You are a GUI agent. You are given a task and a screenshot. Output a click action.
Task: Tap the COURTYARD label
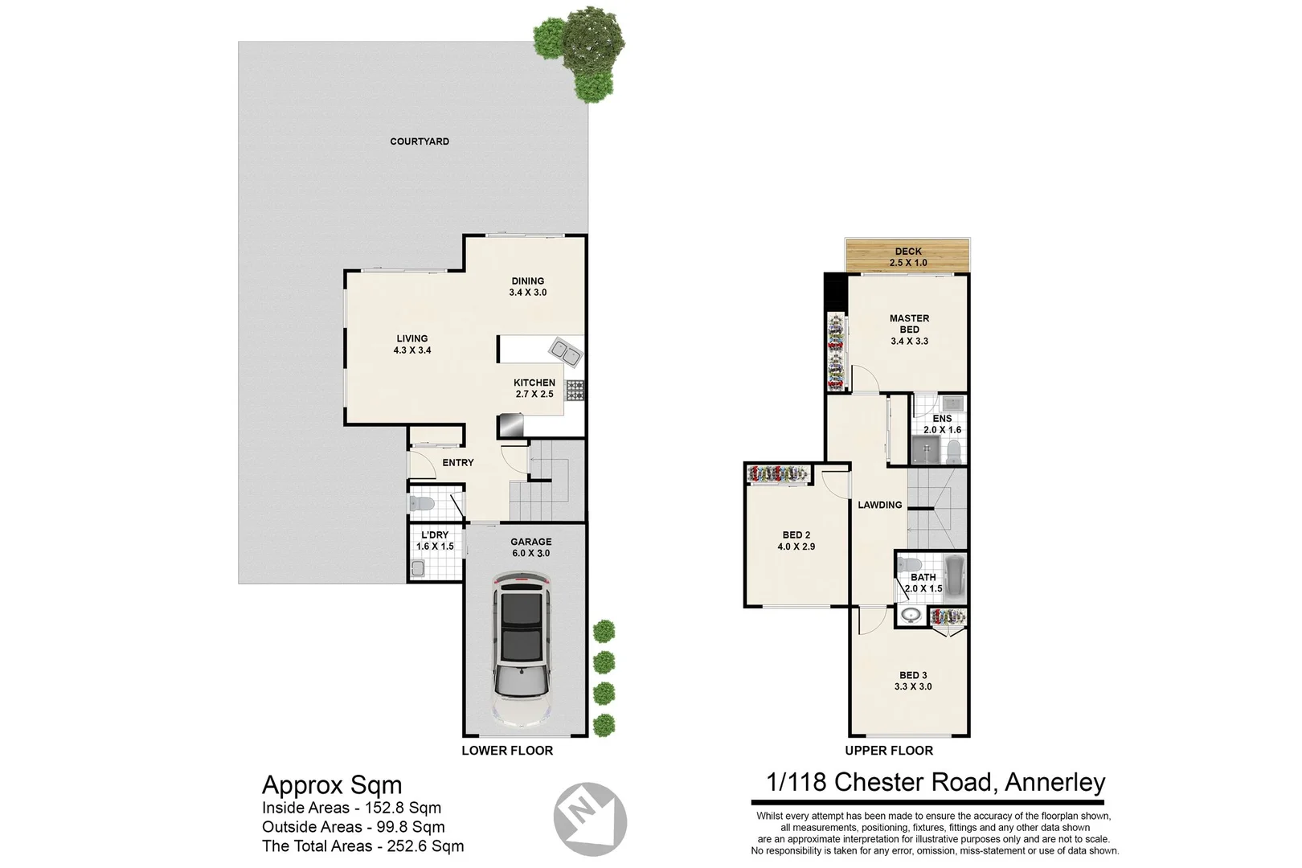(x=420, y=141)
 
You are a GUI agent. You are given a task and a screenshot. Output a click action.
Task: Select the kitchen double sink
(x=566, y=352)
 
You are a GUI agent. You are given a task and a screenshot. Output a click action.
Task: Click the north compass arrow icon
(x=590, y=819)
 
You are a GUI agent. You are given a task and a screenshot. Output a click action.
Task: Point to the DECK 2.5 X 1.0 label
(x=908, y=257)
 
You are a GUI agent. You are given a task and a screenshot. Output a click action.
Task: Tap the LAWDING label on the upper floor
(x=879, y=505)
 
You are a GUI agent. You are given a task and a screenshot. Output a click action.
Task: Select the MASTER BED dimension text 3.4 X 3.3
(x=909, y=342)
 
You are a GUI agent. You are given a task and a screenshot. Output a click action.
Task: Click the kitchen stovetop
(x=575, y=391)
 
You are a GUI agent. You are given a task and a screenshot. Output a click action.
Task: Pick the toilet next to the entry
(x=422, y=504)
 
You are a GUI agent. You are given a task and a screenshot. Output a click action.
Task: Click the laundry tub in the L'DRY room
(x=416, y=569)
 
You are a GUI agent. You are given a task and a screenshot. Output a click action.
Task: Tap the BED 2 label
(x=796, y=534)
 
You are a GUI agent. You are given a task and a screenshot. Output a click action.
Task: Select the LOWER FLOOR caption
(x=507, y=751)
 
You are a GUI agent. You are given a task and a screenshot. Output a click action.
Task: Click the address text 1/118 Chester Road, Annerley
(x=936, y=782)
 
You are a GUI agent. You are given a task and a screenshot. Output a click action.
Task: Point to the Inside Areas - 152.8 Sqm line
(x=351, y=809)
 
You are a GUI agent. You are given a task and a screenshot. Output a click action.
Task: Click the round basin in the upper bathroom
(x=911, y=616)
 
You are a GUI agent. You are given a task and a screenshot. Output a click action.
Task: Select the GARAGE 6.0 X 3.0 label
(x=531, y=547)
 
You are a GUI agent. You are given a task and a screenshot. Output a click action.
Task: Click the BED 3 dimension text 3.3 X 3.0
(x=913, y=687)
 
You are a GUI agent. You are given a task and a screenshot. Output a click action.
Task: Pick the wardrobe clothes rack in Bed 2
(x=778, y=474)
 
